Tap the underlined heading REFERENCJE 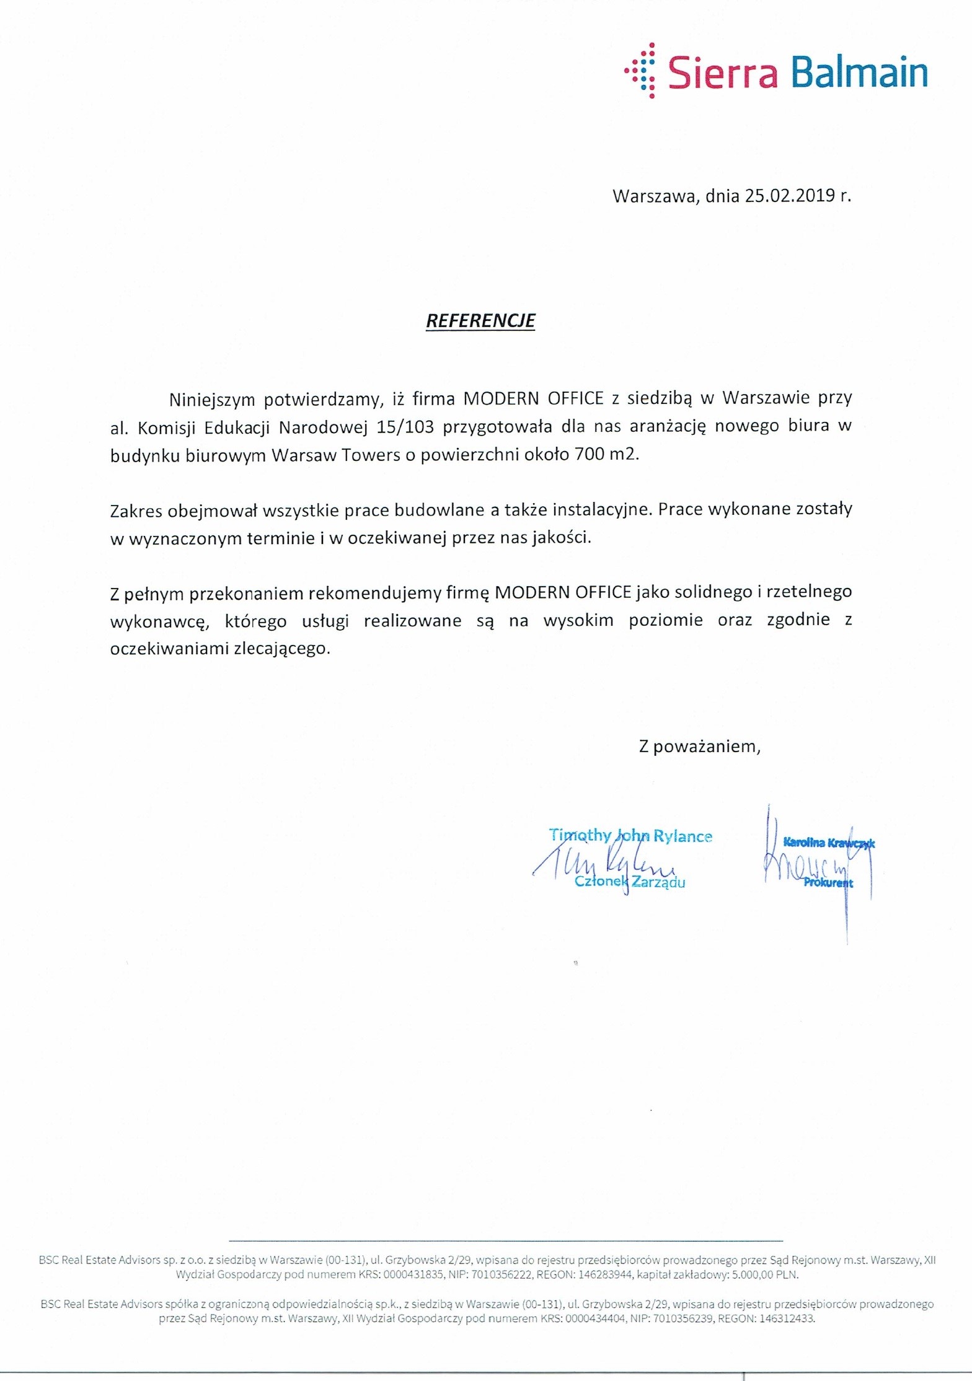tap(480, 320)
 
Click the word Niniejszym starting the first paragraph tap(211, 400)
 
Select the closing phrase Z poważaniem tap(699, 746)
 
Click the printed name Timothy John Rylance tap(630, 836)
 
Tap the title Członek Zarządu tap(630, 882)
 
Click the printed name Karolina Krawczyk tap(829, 843)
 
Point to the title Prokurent tap(828, 883)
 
